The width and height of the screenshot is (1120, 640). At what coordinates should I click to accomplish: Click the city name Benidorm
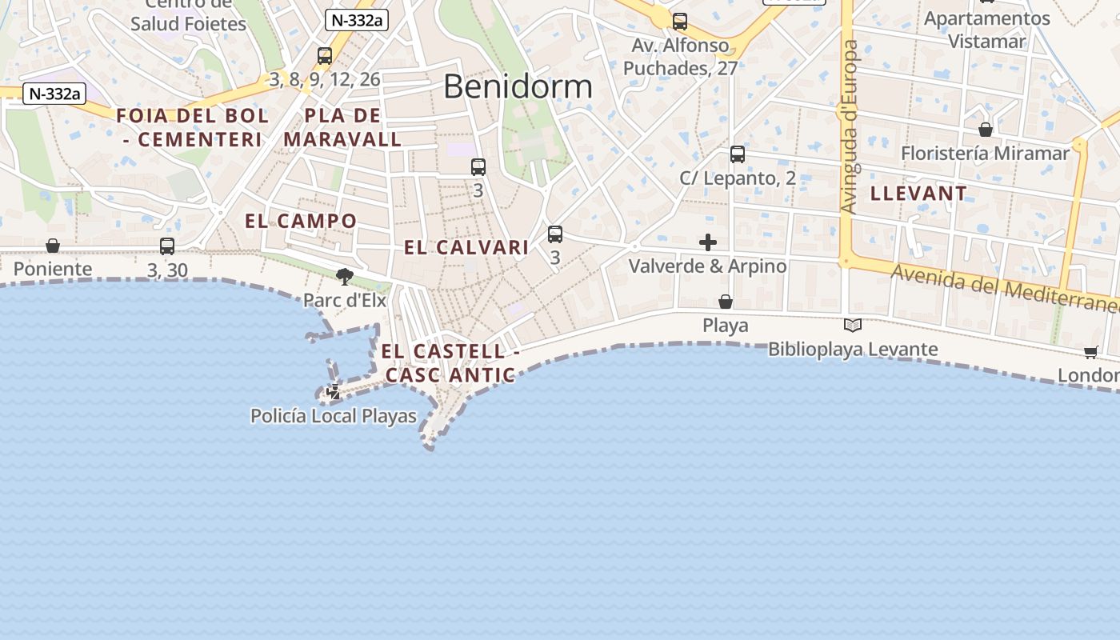click(518, 86)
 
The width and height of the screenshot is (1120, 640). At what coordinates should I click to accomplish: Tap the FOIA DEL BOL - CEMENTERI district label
click(193, 127)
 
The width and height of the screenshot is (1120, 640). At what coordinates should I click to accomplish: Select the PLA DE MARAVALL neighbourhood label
click(342, 127)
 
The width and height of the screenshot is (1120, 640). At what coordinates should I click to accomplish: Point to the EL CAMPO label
click(301, 221)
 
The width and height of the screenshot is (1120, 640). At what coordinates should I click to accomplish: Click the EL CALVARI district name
click(466, 247)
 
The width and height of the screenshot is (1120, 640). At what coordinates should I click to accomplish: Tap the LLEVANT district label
click(918, 193)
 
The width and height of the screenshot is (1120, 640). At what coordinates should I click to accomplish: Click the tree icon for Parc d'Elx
click(345, 277)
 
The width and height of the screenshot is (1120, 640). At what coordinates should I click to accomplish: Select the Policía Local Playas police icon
click(334, 392)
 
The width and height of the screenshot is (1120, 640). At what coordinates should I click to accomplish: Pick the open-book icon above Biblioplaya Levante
click(853, 325)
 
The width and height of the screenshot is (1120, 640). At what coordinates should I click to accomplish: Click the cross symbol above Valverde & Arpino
click(708, 242)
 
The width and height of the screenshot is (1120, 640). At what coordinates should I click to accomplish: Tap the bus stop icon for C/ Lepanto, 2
click(738, 154)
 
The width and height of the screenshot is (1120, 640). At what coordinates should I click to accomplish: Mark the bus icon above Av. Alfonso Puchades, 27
click(680, 22)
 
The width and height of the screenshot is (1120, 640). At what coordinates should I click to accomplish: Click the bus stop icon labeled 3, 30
click(167, 246)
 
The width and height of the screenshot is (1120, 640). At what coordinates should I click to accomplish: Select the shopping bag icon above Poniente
click(53, 245)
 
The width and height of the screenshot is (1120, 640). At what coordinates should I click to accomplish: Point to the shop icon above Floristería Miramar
click(986, 129)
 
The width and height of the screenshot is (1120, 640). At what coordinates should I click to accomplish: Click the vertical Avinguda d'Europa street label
click(850, 127)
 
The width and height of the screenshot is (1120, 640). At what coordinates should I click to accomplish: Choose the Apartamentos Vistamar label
click(986, 30)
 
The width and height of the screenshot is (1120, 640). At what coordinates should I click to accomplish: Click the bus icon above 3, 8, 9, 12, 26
click(325, 56)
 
